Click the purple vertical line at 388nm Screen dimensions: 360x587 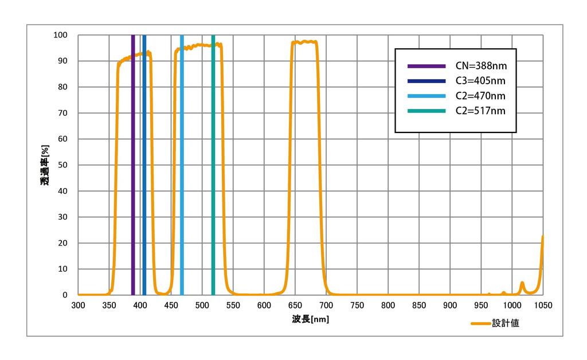pos(133,172)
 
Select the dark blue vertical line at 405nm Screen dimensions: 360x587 pos(144,172)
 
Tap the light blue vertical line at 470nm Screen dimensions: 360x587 pos(182,172)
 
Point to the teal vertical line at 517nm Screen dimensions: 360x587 pos(213,172)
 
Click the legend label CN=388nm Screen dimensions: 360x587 pos(485,65)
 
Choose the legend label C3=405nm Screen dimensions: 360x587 pos(485,80)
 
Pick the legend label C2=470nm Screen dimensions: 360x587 pos(485,95)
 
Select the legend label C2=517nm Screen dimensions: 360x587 pos(485,111)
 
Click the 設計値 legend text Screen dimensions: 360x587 pos(506,323)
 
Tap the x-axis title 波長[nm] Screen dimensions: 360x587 pos(310,319)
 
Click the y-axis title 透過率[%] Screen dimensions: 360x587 pos(45,165)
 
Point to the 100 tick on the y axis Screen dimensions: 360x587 pos(61,35)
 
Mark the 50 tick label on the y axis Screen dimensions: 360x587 pos(63,165)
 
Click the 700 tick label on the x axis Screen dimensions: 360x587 pos(326,305)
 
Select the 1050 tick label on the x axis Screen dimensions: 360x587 pos(543,305)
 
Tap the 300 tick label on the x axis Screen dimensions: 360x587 pos(78,305)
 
